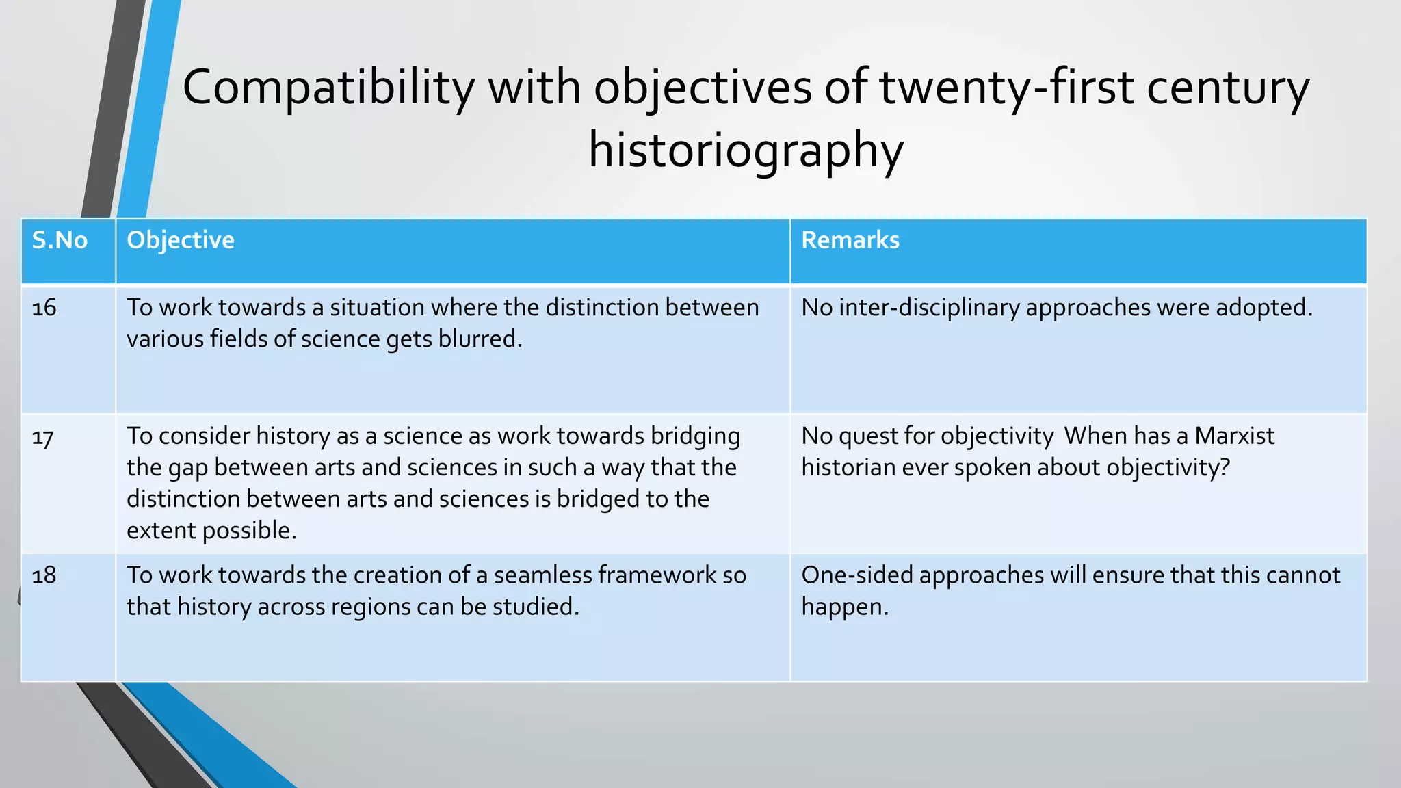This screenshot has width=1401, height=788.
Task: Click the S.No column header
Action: point(60,240)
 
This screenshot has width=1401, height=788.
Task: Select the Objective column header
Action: point(181,240)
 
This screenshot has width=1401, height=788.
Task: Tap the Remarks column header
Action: point(850,240)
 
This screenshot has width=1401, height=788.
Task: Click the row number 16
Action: point(44,308)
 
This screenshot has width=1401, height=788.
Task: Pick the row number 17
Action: point(42,436)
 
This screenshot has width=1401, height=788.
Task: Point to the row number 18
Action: point(44,575)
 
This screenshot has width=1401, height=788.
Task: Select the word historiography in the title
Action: point(746,150)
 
